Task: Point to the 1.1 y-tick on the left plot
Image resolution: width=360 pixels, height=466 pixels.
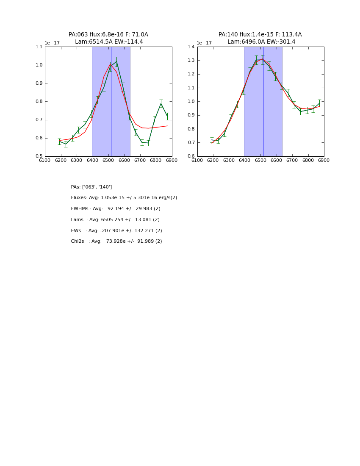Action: [39, 47]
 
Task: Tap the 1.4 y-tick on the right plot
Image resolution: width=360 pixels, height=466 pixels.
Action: [191, 47]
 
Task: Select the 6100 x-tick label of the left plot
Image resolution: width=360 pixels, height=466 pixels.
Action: [45, 160]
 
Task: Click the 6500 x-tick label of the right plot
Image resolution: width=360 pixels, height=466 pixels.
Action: [260, 160]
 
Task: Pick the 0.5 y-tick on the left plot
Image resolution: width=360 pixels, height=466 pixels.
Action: [39, 156]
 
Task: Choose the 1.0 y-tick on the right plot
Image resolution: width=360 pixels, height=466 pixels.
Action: [191, 102]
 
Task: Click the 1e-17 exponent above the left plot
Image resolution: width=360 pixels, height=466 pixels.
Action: [53, 43]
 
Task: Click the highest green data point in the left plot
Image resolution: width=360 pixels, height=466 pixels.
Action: [116, 61]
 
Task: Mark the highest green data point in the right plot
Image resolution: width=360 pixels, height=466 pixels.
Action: [263, 59]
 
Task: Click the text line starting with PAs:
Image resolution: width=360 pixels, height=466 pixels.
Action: [91, 187]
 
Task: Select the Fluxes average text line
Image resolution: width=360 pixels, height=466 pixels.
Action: [124, 198]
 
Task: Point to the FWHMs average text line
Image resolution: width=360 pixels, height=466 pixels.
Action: [116, 209]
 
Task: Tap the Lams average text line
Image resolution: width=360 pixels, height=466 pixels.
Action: [115, 220]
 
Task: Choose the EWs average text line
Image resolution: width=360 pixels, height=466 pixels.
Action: [116, 231]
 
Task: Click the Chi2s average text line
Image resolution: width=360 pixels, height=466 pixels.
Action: [116, 241]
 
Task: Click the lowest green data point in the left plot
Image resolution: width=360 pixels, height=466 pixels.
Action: [66, 144]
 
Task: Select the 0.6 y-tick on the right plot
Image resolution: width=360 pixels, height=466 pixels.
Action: [191, 156]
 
